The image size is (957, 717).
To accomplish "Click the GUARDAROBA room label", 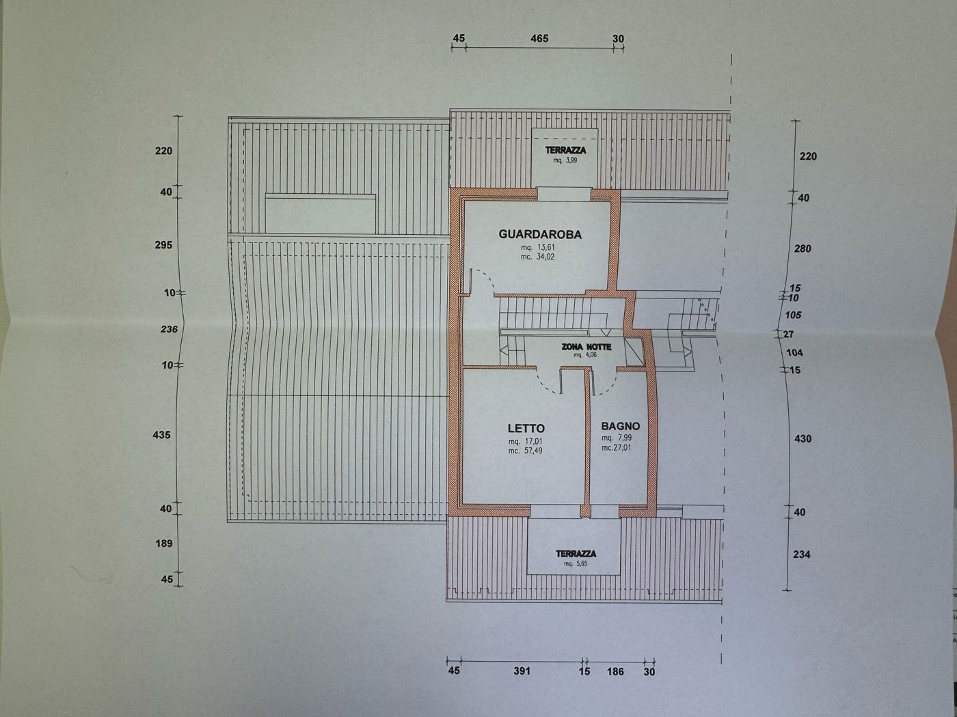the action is point(540,235).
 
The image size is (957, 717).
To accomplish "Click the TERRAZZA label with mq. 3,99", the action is point(565,150).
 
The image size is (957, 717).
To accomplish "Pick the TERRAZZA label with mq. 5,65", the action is point(576,554).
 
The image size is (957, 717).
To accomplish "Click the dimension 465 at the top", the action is point(539,39).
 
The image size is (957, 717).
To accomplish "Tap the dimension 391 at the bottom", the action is point(522,671).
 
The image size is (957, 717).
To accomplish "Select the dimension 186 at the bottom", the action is point(615,672).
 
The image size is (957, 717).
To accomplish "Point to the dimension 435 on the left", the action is point(162,435).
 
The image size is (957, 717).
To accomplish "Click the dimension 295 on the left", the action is point(163,245).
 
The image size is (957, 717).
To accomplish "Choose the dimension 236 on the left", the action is point(169,329).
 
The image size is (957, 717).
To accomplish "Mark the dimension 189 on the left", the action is point(163,544).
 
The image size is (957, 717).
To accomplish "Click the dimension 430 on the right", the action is point(803,439).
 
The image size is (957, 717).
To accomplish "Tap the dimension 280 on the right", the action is point(803,249).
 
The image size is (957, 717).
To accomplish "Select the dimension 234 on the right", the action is point(801,554).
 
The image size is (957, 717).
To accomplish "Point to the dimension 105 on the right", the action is point(793,315).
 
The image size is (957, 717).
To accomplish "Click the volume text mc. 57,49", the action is point(525,451).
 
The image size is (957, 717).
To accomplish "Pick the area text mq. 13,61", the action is point(537,248).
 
